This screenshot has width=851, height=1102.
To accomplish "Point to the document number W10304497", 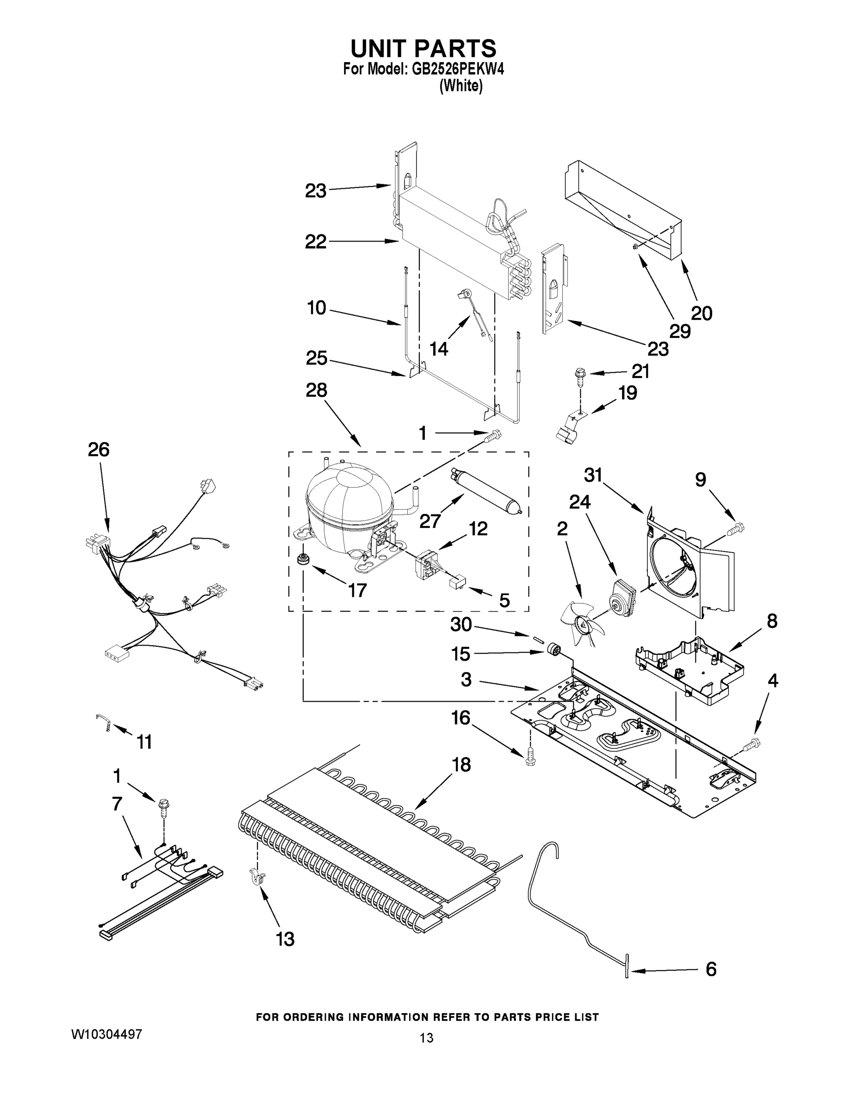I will pyautogui.click(x=106, y=1034).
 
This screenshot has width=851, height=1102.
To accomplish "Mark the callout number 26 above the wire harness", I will pyautogui.click(x=99, y=450).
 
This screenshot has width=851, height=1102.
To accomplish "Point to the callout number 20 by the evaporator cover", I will pyautogui.click(x=701, y=313).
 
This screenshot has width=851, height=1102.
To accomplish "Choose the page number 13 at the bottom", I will pyautogui.click(x=426, y=1038).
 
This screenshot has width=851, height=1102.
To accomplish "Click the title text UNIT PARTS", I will pyautogui.click(x=423, y=48).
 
